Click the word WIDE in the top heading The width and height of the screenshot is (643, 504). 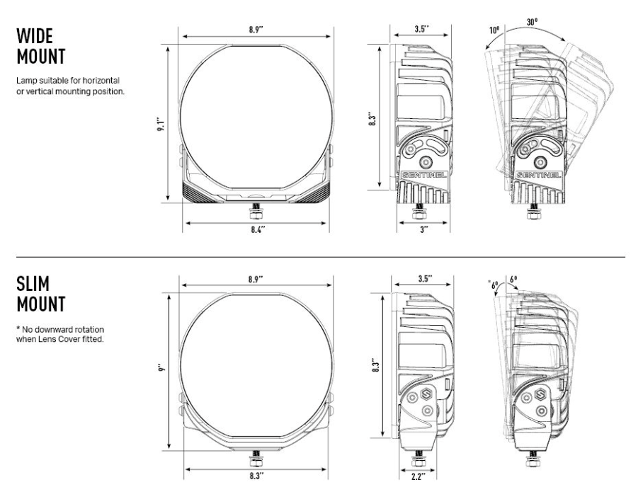click(x=35, y=36)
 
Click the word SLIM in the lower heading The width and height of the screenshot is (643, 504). click(x=33, y=284)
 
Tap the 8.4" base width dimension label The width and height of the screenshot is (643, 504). click(x=258, y=229)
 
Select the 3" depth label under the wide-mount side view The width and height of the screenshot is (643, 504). click(x=424, y=229)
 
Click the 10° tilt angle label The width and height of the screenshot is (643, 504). click(x=494, y=30)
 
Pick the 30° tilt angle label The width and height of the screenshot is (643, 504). click(x=532, y=22)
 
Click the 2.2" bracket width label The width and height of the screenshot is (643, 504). click(x=418, y=476)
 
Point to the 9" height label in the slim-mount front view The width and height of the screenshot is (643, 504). click(x=161, y=368)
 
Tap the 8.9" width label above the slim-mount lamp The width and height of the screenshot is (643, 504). click(x=255, y=280)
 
